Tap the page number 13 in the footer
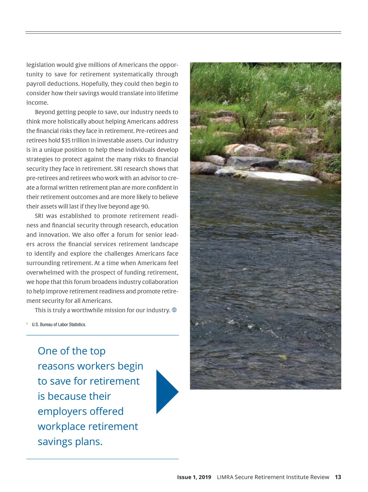338,477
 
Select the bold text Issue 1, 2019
194,477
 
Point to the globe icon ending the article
174,310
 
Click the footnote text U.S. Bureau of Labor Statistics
59,325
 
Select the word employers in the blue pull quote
59,411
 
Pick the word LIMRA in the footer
225,477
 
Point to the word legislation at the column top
40,65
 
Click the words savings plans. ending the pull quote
70,441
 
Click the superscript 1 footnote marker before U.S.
27,324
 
